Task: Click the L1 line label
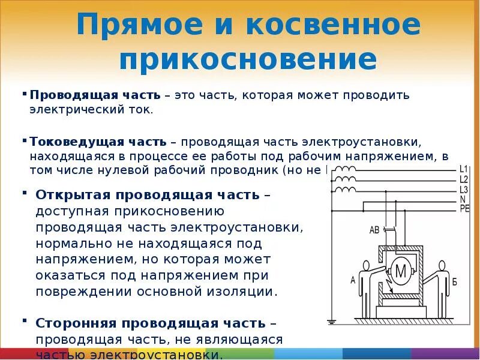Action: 463,169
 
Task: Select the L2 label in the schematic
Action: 463,179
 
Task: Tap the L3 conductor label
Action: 463,190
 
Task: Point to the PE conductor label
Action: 464,209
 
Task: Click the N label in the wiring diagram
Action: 462,199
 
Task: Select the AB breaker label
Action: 374,230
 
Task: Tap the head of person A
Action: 365,266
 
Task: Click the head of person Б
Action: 442,266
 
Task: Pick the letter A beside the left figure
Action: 353,280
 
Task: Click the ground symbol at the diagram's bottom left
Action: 332,321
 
